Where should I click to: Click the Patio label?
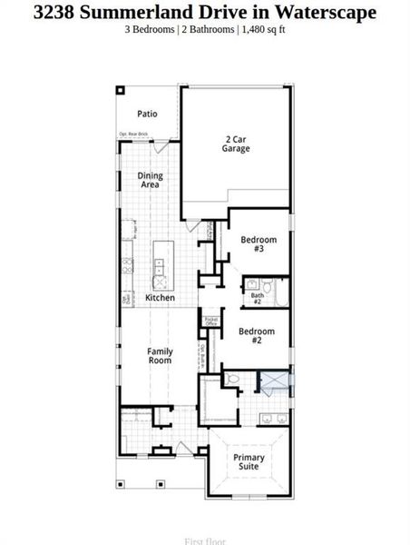[147, 114]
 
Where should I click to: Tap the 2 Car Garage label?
[236, 144]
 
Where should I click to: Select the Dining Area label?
[150, 180]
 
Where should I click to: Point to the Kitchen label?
[161, 298]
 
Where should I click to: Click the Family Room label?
[161, 355]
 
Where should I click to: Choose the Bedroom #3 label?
[258, 243]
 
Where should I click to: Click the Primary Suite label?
[249, 461]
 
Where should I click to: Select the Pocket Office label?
[210, 322]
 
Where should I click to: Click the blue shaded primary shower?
[275, 381]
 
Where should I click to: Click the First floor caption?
[204, 540]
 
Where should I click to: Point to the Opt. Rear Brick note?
[133, 134]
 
